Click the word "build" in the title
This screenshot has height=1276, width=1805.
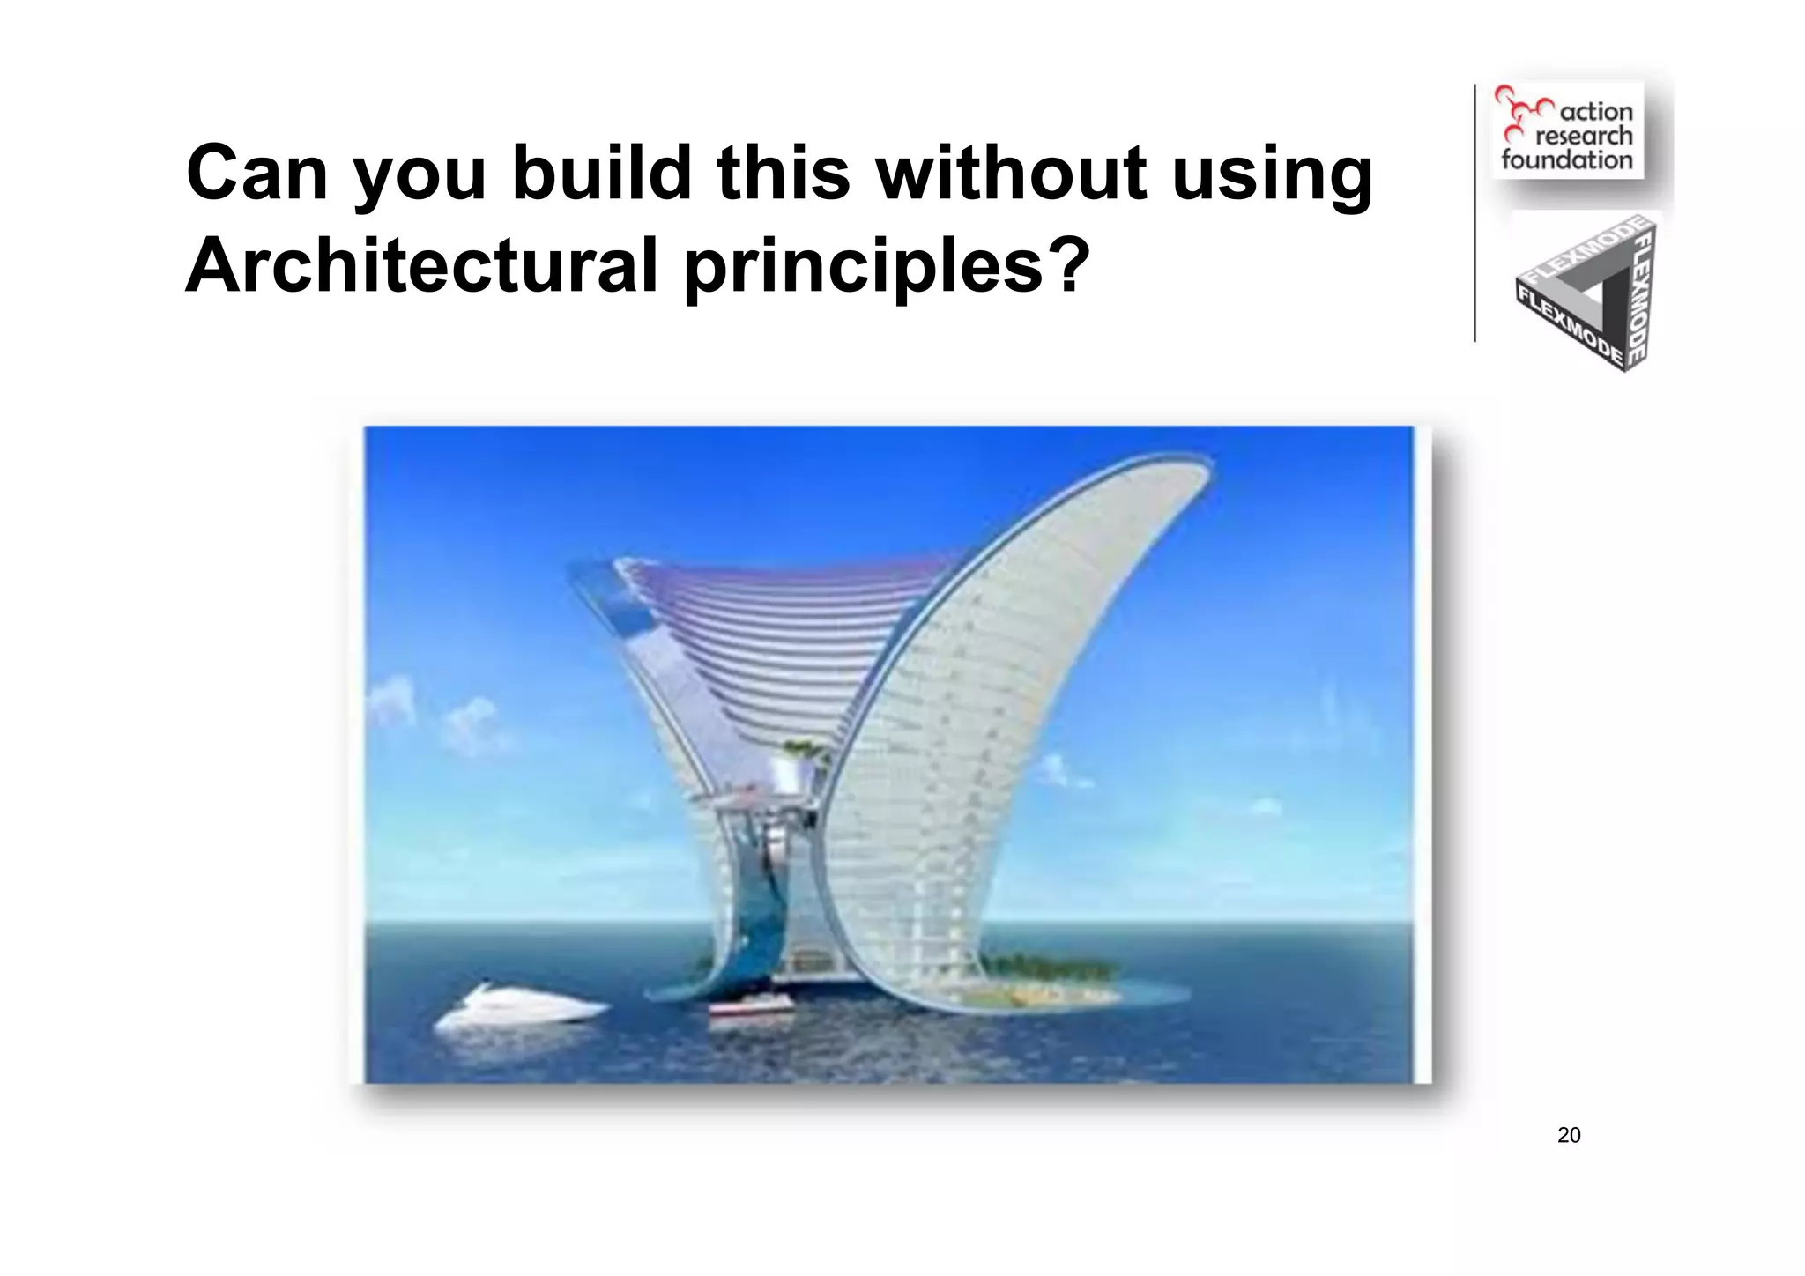click(603, 173)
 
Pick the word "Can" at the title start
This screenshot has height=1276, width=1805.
click(256, 173)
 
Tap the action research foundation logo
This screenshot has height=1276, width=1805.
click(1567, 130)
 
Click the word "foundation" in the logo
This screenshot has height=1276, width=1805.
click(1567, 159)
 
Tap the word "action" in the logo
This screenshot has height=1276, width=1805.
click(1596, 112)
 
